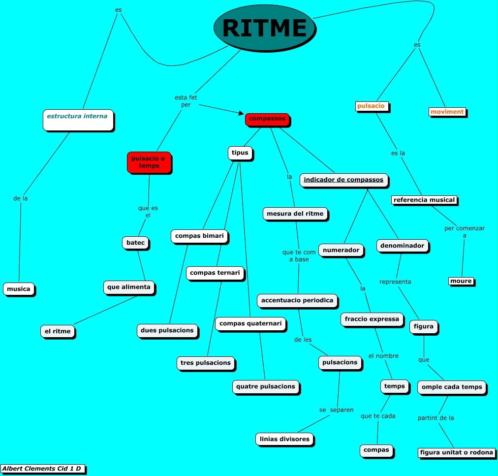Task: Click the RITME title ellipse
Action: tap(265, 28)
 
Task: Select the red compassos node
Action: tap(267, 119)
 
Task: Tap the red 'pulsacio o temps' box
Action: tap(149, 162)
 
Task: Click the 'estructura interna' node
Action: tap(78, 120)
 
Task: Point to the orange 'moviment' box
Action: tap(447, 112)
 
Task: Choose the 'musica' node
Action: tap(19, 289)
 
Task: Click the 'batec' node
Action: tap(135, 243)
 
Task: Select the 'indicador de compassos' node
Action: tap(343, 180)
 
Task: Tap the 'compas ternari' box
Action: tap(215, 273)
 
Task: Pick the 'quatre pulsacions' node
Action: tap(266, 386)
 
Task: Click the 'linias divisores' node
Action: tap(284, 439)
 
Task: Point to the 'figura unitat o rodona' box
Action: tap(456, 452)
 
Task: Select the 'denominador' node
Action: tap(403, 245)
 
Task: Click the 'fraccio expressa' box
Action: tap(372, 319)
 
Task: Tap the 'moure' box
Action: tap(461, 281)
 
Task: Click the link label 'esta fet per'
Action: tap(186, 101)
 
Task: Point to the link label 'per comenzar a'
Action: tap(465, 232)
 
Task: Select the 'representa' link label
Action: tap(395, 282)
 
